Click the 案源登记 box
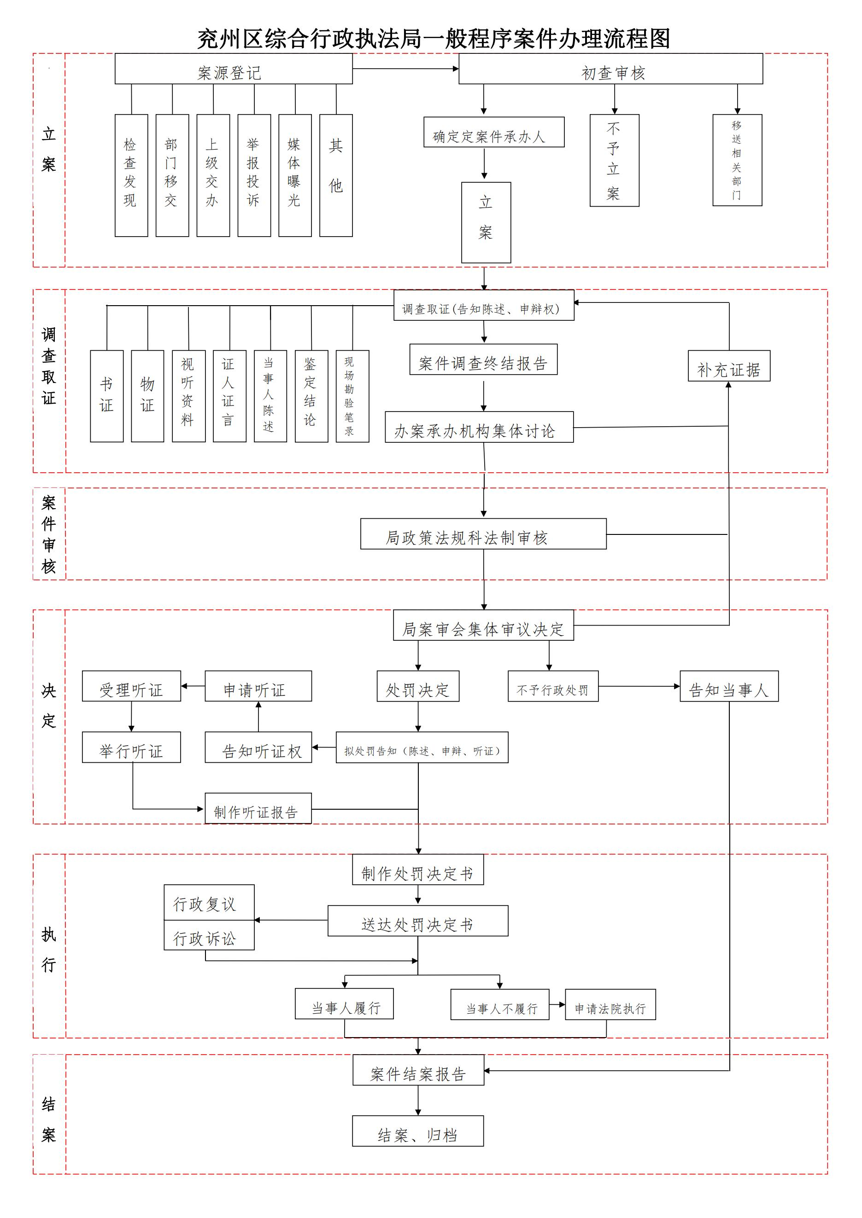coord(234,69)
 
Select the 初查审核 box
coord(610,69)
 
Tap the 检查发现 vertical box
coord(131,175)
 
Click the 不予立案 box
coord(614,160)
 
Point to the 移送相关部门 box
coord(737,160)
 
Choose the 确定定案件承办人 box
coord(493,132)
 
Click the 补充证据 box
coord(729,366)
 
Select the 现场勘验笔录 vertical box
coord(352,396)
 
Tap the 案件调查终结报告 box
coord(483,360)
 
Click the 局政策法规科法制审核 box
coord(483,534)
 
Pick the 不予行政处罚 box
coord(553,686)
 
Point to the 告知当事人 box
coord(729,686)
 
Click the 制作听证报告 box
coord(258,808)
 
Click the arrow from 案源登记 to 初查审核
coord(405,69)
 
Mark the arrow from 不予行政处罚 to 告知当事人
coord(639,686)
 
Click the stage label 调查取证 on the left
coord(49,366)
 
